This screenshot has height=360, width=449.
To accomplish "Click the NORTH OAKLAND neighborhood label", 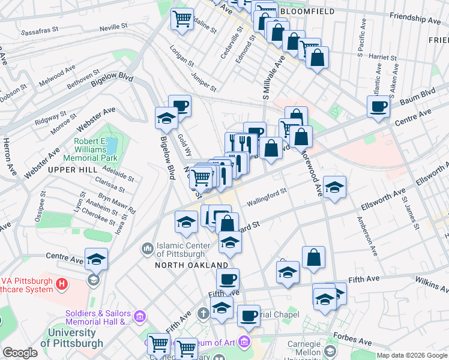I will [x=191, y=265].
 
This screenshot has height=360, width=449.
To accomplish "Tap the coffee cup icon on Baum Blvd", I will [x=379, y=106].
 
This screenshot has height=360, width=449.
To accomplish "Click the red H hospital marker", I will [x=61, y=283].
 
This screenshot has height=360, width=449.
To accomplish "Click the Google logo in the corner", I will [x=20, y=353].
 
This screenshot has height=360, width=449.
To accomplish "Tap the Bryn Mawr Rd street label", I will [x=118, y=204].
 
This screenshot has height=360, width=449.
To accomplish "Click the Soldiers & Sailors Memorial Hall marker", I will [x=140, y=316].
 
